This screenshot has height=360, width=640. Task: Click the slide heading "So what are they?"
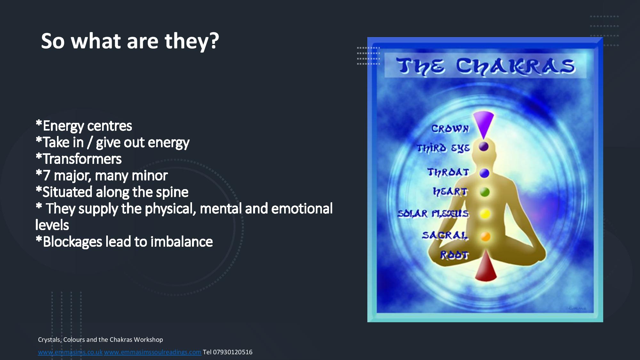click(130, 41)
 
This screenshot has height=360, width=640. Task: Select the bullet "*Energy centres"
click(84, 126)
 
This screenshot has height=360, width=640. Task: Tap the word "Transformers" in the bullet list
click(82, 159)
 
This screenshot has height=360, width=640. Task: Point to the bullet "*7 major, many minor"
click(102, 175)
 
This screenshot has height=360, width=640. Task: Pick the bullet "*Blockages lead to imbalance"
click(124, 242)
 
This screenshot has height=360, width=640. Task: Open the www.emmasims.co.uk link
click(70, 352)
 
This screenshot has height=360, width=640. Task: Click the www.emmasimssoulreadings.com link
click(153, 352)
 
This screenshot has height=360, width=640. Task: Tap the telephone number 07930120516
click(233, 352)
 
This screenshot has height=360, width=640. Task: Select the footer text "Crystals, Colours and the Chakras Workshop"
click(100, 340)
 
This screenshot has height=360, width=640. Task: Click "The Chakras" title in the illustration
click(485, 67)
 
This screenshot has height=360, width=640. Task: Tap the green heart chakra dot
click(485, 192)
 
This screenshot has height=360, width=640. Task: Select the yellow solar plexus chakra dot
click(485, 214)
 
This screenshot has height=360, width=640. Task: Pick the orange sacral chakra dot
click(485, 236)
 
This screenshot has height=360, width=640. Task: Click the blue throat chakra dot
click(484, 173)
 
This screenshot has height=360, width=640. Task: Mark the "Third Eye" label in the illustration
click(443, 148)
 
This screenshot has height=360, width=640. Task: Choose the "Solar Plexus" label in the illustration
click(433, 213)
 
